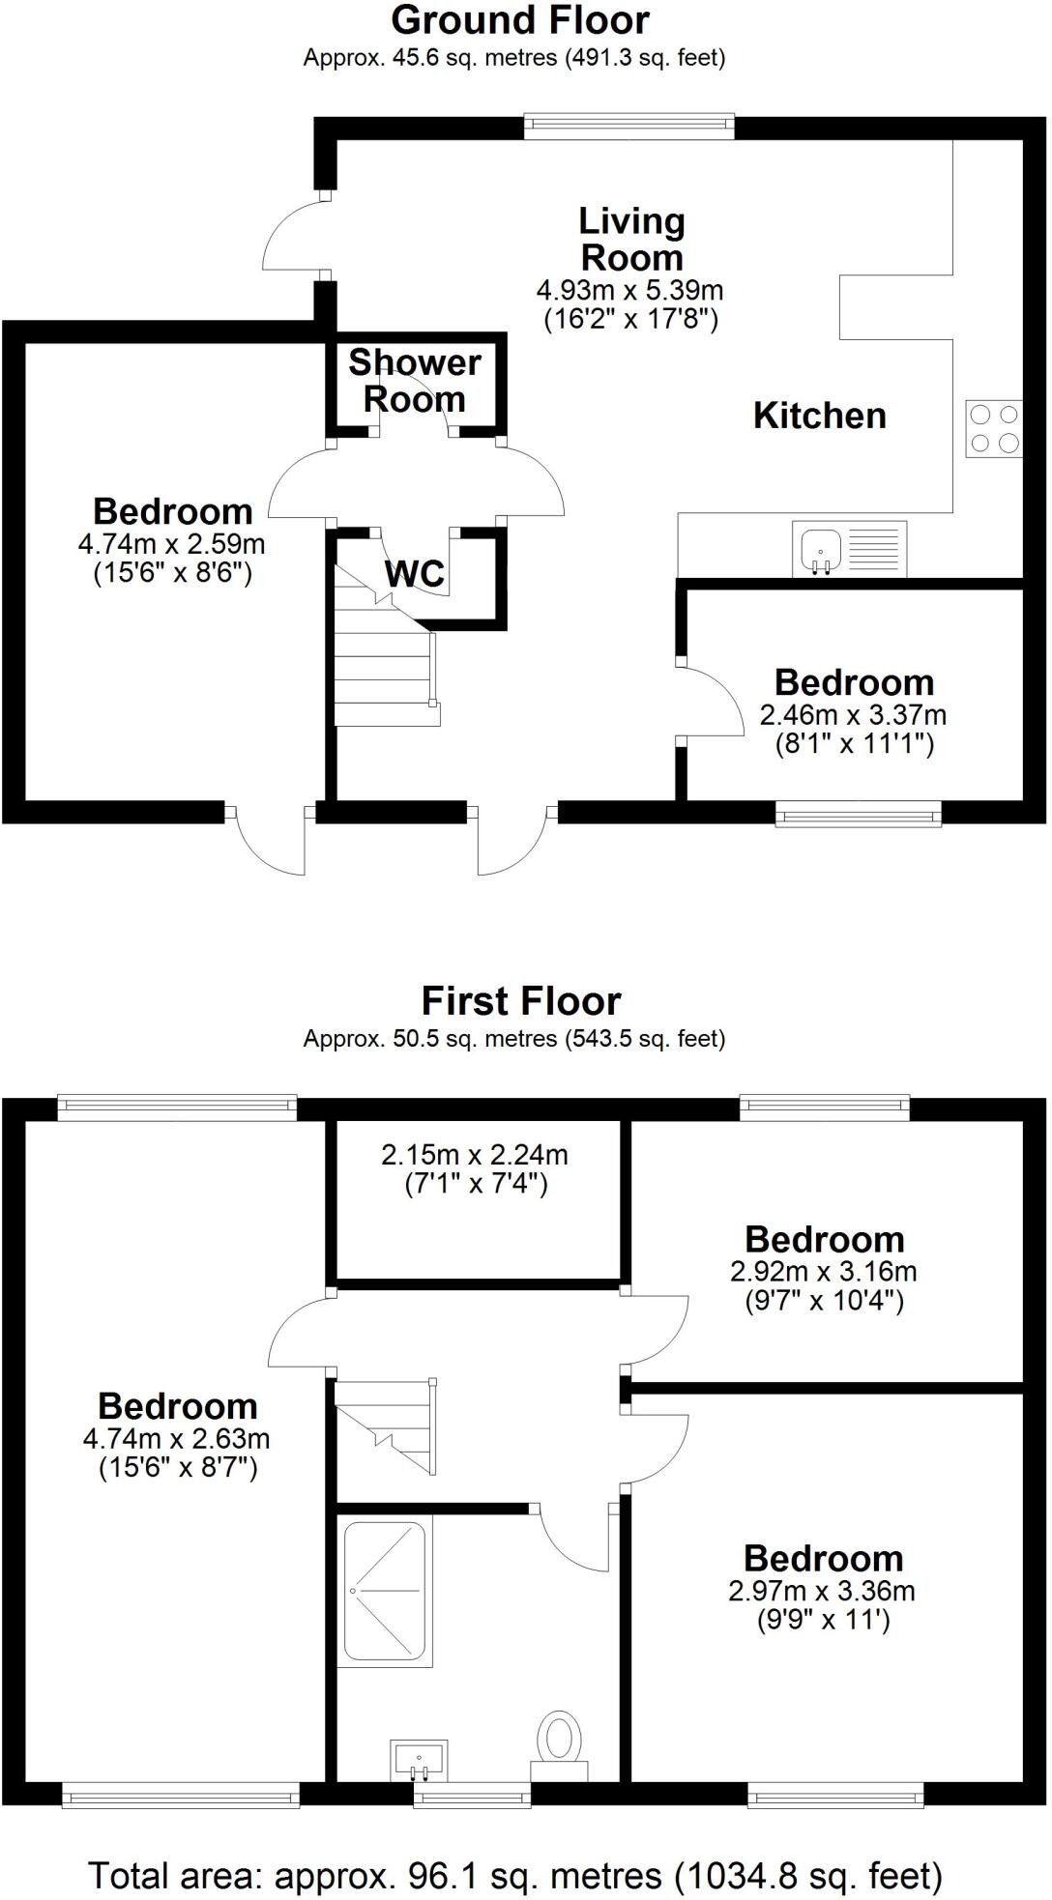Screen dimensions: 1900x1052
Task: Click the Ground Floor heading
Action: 520,20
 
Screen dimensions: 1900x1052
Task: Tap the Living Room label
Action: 631,240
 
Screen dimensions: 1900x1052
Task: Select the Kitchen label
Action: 819,416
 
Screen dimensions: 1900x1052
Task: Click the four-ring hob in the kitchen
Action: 994,428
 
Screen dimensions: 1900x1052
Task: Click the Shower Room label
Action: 415,381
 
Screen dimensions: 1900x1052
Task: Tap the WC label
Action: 415,573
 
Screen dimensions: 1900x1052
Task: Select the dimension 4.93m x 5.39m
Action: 630,290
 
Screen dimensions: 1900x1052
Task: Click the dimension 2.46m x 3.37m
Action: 853,716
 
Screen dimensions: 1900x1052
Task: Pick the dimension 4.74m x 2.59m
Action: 172,544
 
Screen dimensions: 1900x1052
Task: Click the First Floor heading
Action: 520,1001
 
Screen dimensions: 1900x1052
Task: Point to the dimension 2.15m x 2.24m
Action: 475,1154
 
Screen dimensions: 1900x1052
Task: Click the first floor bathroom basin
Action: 420,1759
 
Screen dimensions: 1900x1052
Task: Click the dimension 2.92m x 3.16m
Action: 824,1272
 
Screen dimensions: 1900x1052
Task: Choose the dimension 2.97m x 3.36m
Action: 822,1591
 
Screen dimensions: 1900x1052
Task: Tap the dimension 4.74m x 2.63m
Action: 177,1439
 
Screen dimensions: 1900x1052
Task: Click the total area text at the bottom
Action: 515,1849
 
